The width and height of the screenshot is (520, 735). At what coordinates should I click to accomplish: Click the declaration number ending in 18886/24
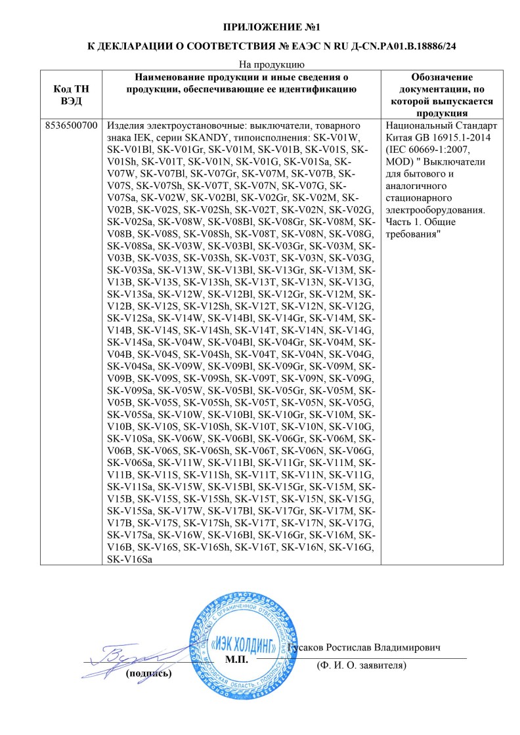[394, 47]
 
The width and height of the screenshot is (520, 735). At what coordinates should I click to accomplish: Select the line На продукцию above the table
[260, 64]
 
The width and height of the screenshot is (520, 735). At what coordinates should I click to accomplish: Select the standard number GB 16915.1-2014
[448, 137]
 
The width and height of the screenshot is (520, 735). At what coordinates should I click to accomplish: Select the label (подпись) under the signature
[148, 673]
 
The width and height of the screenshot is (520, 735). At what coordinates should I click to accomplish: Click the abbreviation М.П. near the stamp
[236, 658]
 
